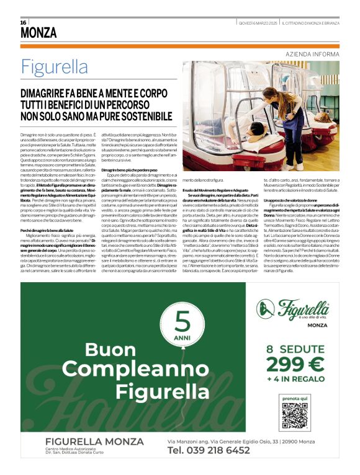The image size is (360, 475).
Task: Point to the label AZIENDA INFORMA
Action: pos(312,55)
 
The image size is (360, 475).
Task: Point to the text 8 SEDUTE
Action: pos(295,348)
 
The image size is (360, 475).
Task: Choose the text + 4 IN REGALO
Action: pos(295,378)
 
